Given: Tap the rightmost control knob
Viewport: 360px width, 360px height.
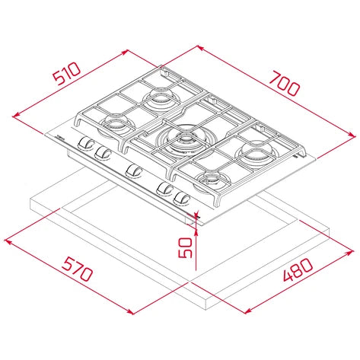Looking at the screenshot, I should click(x=181, y=198).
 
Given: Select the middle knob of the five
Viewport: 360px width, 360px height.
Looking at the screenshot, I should click(x=134, y=171).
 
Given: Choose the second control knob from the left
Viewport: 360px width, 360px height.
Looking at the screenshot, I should click(x=100, y=152).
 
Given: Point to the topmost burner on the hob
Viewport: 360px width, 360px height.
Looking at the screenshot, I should click(x=161, y=97).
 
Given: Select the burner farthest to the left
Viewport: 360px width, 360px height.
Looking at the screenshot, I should click(x=116, y=124).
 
